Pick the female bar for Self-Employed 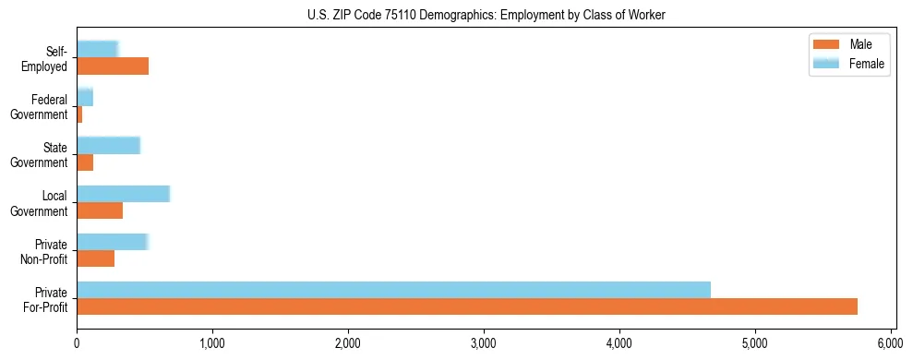[x=97, y=49]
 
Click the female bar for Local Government [x=123, y=193]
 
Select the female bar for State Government [x=108, y=145]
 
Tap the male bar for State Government [x=85, y=162]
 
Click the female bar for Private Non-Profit [x=112, y=242]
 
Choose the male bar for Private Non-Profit [x=96, y=258]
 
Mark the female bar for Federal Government [x=85, y=97]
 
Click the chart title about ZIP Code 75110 [x=486, y=15]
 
